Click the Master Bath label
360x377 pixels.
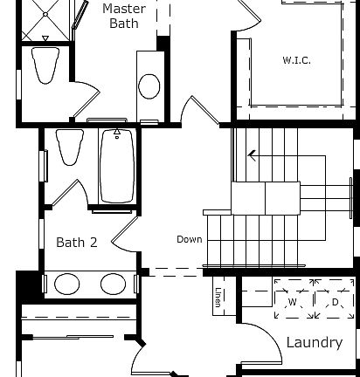click(x=124, y=17)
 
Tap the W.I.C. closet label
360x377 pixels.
click(x=296, y=60)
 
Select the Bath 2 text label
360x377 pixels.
click(x=77, y=242)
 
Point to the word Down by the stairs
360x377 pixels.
click(x=189, y=239)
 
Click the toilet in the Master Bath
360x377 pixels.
click(x=44, y=65)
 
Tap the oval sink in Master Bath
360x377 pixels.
click(x=149, y=86)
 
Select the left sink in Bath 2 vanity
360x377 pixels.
click(x=66, y=284)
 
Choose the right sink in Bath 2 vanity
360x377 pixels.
click(x=113, y=284)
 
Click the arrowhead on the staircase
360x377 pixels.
click(x=252, y=156)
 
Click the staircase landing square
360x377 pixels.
click(x=248, y=198)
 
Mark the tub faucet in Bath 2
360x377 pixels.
click(x=115, y=134)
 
